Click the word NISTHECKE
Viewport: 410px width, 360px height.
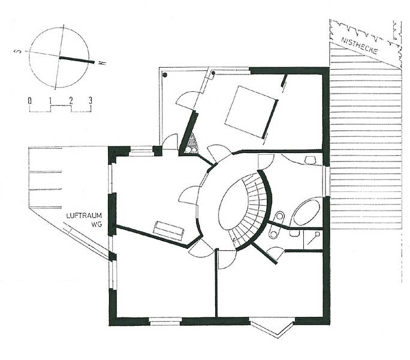[x=360, y=46]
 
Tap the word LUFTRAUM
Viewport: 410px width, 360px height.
[x=84, y=216]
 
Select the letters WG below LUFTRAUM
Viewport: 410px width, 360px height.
[x=97, y=224]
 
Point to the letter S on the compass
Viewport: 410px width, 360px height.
[x=18, y=51]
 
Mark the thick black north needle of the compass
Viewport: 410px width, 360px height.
[x=77, y=60]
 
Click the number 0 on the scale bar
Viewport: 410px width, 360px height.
[x=30, y=101]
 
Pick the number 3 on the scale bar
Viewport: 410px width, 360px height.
[x=91, y=101]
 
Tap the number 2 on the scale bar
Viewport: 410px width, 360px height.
[x=71, y=101]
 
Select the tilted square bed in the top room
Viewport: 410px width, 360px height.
[x=250, y=112]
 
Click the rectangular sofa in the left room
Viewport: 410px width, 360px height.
[x=168, y=230]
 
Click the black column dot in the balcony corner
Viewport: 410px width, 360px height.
[x=165, y=75]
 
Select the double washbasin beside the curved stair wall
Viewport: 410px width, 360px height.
[x=276, y=225]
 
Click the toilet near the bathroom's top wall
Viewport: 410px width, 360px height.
[x=310, y=160]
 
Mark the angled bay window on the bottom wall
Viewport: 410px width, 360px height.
[x=273, y=327]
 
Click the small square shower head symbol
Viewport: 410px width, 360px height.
[x=318, y=234]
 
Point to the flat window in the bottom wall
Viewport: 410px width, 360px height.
[x=165, y=321]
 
